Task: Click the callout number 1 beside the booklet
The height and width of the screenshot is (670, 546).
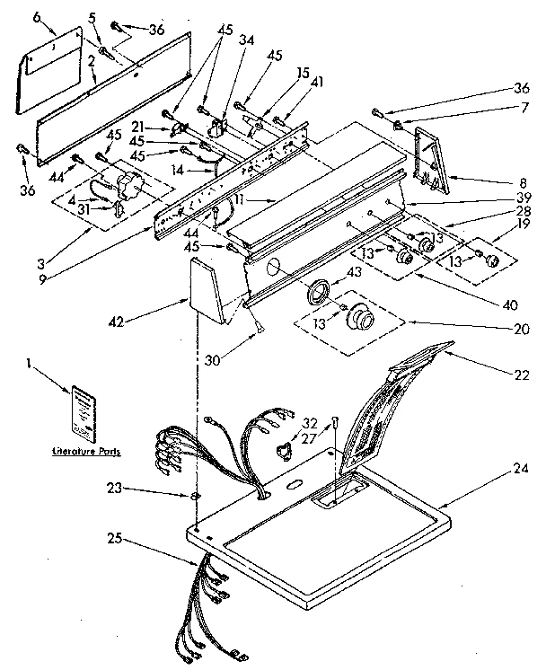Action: pos(30,365)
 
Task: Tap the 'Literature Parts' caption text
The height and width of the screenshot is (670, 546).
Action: pos(86,453)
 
